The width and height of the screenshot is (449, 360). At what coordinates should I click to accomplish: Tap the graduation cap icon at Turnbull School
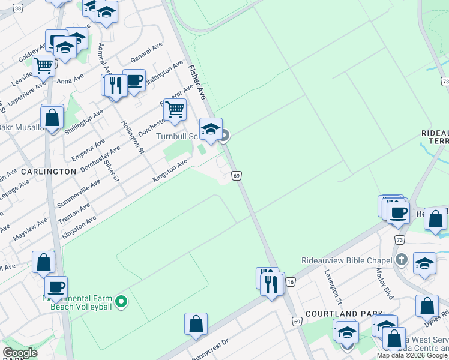(x=211, y=129)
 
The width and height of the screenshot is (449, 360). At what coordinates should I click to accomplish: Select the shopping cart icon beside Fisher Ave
(x=175, y=110)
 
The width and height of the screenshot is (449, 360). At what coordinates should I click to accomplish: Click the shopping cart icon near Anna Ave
(x=44, y=65)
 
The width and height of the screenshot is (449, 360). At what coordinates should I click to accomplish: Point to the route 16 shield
(x=290, y=281)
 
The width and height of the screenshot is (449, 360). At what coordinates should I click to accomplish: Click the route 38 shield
(x=18, y=8)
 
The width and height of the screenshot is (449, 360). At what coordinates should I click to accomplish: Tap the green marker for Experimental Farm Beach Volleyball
(x=121, y=301)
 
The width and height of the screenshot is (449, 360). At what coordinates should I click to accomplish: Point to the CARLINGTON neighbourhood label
(x=49, y=171)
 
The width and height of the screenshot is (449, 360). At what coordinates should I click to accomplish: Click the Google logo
(x=20, y=353)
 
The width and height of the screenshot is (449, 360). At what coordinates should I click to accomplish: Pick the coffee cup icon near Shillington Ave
(x=134, y=80)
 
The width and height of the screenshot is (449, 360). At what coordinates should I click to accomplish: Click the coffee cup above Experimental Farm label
(x=56, y=287)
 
